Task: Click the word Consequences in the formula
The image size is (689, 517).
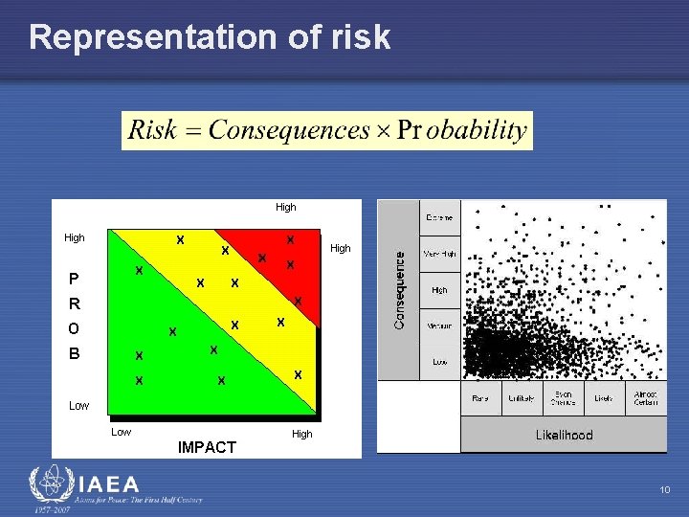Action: click(x=289, y=130)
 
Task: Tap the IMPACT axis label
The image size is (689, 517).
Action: click(x=207, y=447)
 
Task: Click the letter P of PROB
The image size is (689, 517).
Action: click(x=74, y=280)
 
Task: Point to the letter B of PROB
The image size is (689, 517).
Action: click(x=74, y=353)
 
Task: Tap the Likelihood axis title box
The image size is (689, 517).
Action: click(x=564, y=435)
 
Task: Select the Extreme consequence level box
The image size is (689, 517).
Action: click(x=440, y=218)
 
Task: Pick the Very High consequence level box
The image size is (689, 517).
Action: click(x=440, y=255)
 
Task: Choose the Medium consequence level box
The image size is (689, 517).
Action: click(x=440, y=326)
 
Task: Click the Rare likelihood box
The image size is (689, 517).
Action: click(x=481, y=398)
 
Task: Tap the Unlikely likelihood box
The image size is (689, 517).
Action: click(x=522, y=398)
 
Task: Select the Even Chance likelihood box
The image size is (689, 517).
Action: click(x=564, y=399)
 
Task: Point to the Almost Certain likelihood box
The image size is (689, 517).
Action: click(x=646, y=398)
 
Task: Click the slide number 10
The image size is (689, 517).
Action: click(x=665, y=490)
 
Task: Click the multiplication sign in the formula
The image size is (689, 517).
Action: click(x=382, y=131)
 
